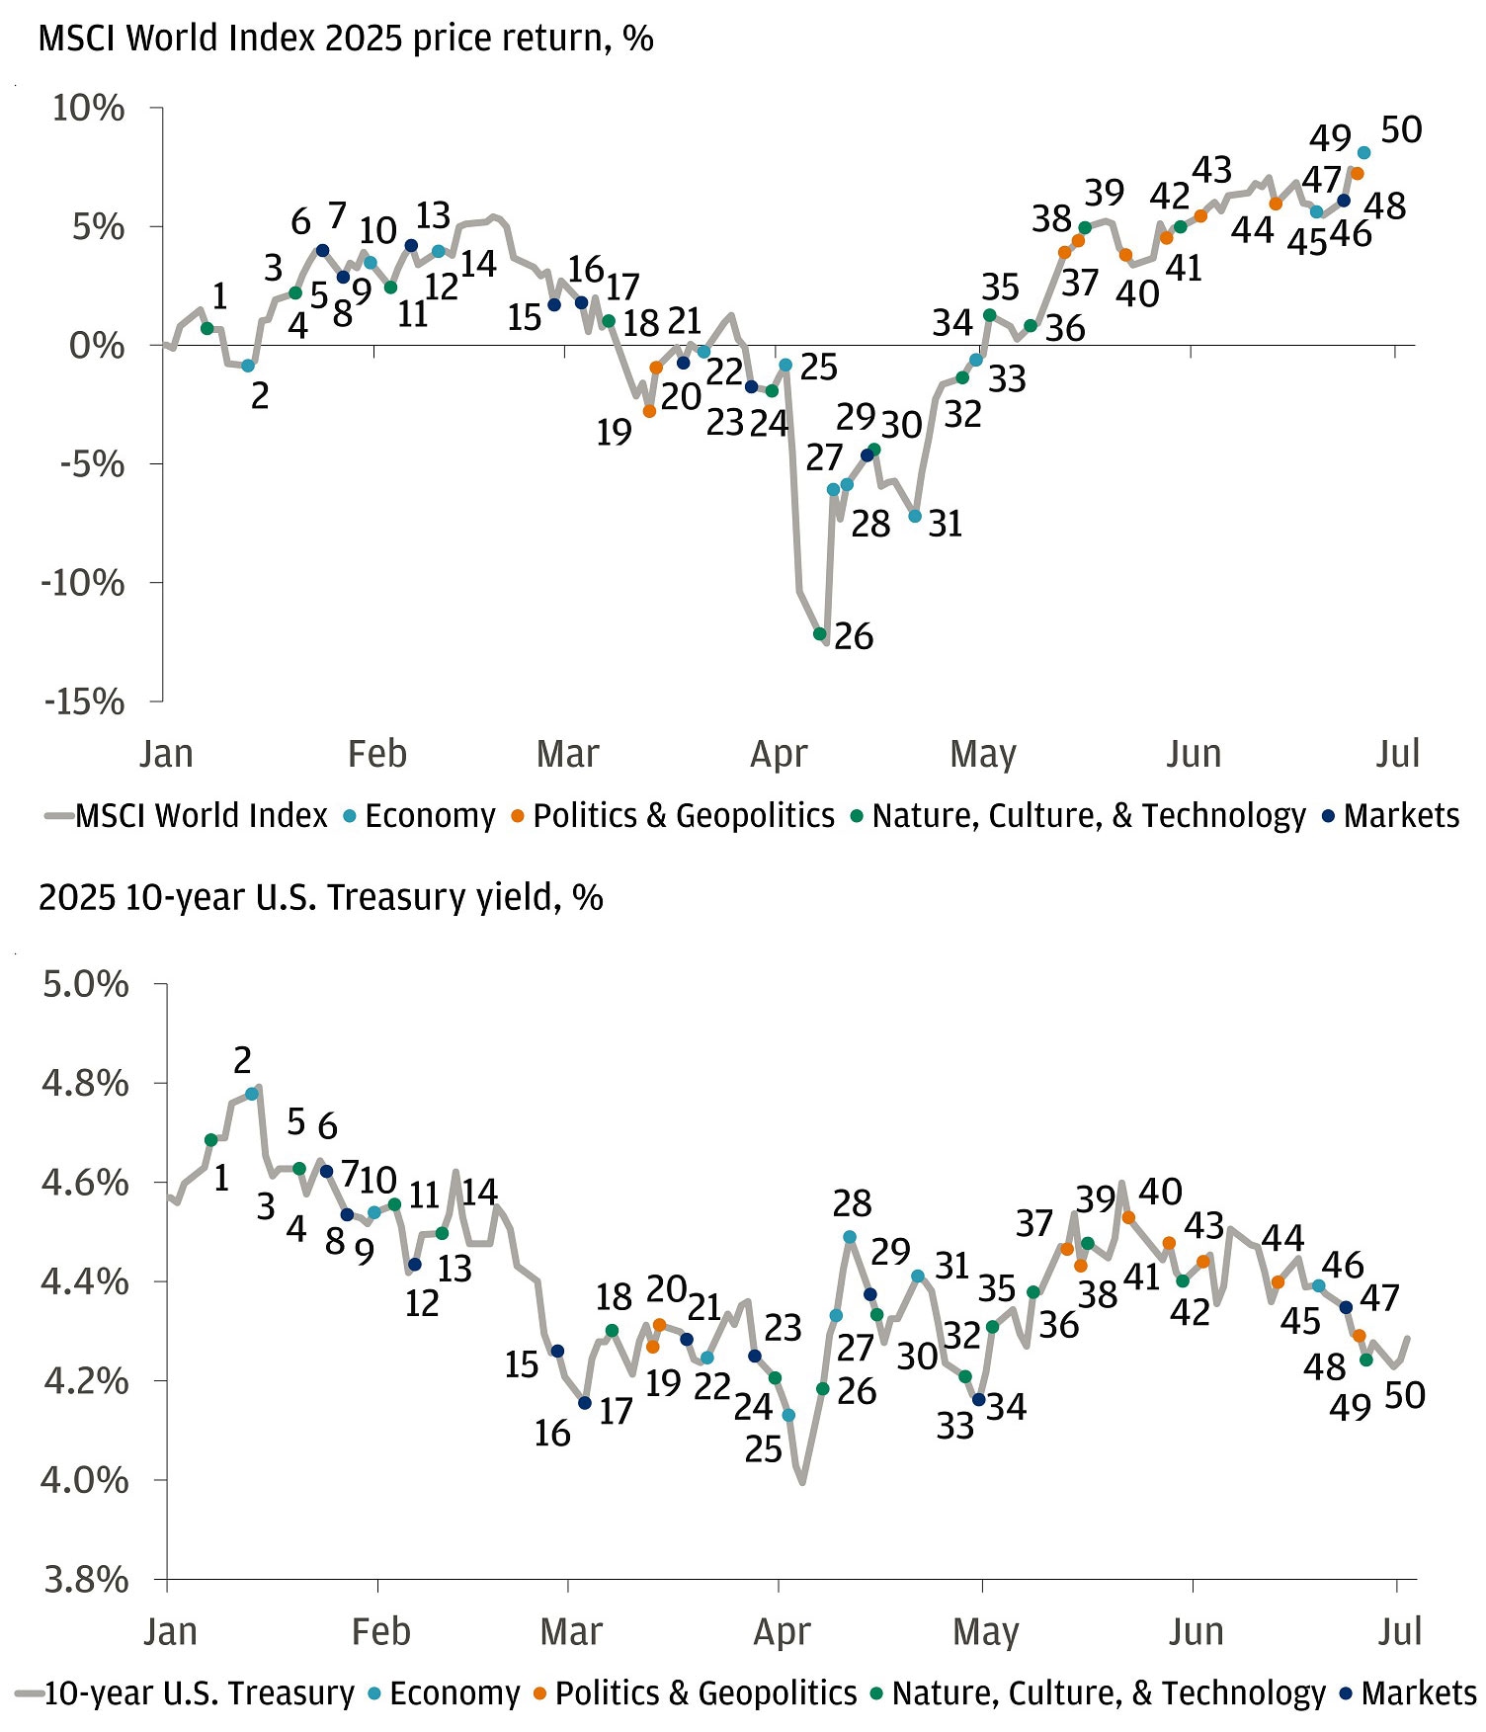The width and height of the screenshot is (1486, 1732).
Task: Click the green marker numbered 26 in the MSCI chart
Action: (x=819, y=633)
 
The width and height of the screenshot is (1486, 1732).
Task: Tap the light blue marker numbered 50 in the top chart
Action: (x=1363, y=152)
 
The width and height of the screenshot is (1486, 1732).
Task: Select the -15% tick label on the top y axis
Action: (x=84, y=701)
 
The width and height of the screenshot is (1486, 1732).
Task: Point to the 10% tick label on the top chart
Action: (x=89, y=108)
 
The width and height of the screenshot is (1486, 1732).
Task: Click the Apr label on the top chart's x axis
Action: (x=779, y=754)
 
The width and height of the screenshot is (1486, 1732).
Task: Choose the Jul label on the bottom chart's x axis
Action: (x=1399, y=1631)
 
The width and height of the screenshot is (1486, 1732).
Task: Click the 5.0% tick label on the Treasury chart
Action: (x=85, y=984)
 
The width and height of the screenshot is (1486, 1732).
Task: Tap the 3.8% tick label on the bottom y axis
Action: (x=85, y=1579)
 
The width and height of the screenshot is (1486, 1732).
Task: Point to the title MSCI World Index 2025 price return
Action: (x=345, y=39)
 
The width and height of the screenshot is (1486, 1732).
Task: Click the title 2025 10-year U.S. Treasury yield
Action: (x=320, y=897)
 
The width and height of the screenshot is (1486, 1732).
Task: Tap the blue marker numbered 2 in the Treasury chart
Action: (x=251, y=1093)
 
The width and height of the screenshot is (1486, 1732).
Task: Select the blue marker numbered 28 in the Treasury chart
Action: (x=850, y=1236)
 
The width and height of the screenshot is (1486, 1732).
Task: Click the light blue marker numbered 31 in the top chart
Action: (x=915, y=516)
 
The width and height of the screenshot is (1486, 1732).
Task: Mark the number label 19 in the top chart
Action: (x=614, y=432)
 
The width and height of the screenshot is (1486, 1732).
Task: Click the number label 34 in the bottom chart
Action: (x=1006, y=1407)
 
